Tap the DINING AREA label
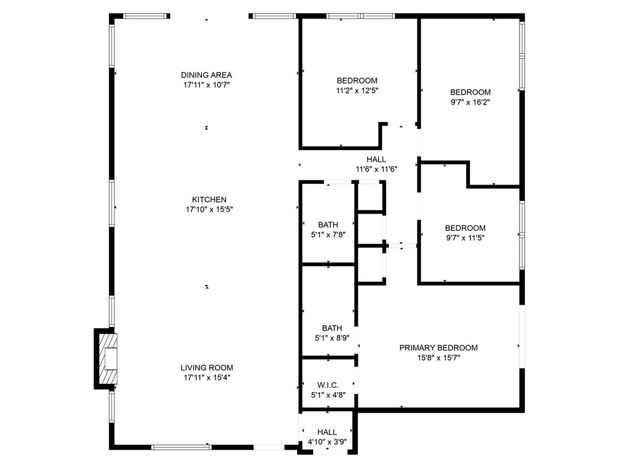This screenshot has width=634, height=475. (x=206, y=75)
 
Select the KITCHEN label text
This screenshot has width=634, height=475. (x=209, y=199)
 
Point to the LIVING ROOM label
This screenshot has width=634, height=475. (x=207, y=368)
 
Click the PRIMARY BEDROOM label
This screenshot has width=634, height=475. (x=438, y=347)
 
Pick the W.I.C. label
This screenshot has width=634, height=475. (x=328, y=385)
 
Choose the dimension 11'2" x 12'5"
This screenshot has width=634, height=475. (x=357, y=90)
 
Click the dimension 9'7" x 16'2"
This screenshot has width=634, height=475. (x=471, y=102)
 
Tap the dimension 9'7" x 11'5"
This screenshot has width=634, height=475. (x=465, y=238)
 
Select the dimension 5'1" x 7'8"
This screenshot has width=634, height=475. (x=328, y=235)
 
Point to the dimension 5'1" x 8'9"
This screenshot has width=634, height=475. (x=332, y=338)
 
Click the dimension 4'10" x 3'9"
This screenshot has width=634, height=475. (x=327, y=442)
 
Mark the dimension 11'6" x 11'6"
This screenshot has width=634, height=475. (x=376, y=170)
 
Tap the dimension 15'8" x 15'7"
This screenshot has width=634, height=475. (x=439, y=358)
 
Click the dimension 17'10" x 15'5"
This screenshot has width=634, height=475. (x=209, y=209)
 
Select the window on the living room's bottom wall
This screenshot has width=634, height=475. (x=181, y=447)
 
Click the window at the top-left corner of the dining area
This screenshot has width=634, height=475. (x=145, y=16)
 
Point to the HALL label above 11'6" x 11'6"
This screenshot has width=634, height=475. (x=376, y=159)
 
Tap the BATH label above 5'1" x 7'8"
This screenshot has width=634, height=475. (x=328, y=225)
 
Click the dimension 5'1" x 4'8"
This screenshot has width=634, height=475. (x=328, y=395)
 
